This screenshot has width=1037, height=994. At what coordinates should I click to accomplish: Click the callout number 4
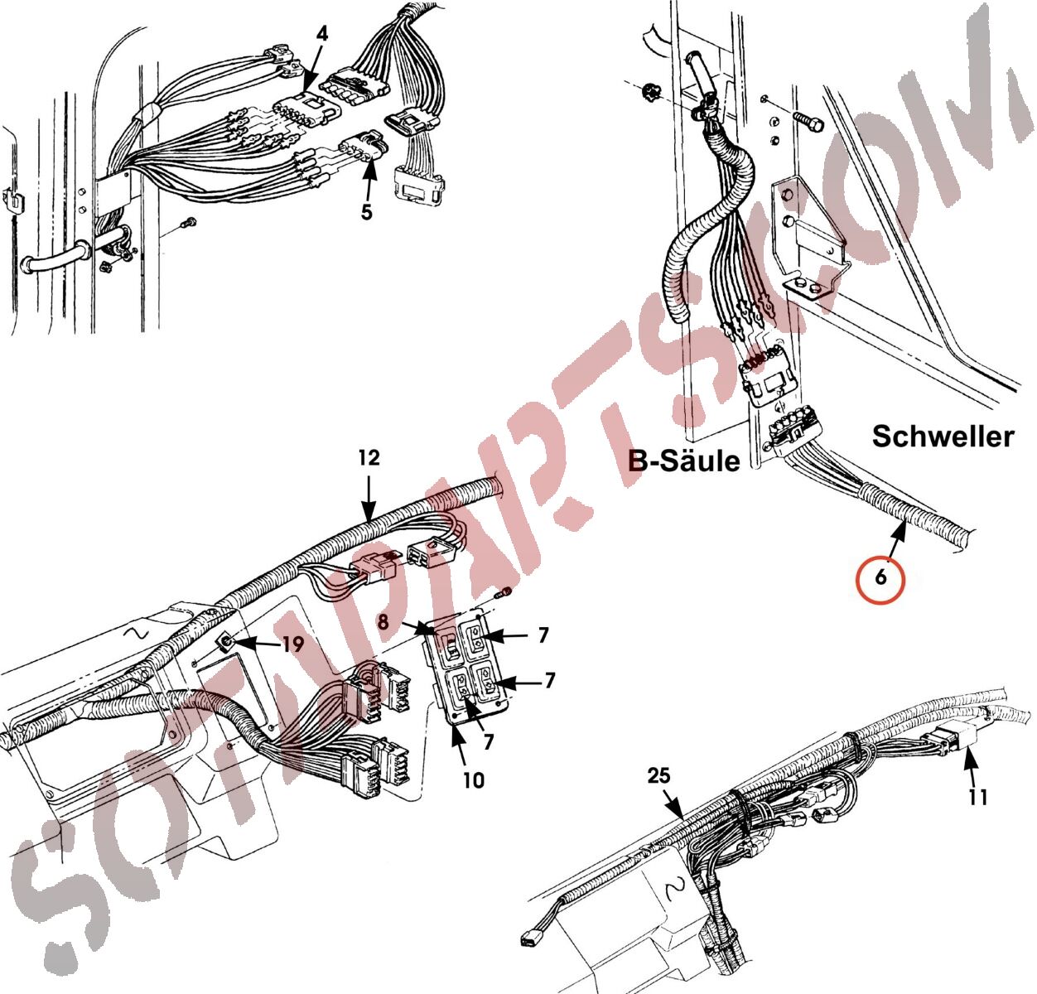[x=321, y=34]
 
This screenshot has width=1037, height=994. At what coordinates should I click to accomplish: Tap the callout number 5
[x=367, y=211]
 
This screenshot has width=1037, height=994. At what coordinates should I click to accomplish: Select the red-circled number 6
[x=880, y=577]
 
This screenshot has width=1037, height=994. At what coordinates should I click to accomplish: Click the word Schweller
[x=943, y=437]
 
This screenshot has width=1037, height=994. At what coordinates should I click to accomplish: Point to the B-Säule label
[x=683, y=461]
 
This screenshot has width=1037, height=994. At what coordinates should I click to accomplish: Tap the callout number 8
[x=383, y=621]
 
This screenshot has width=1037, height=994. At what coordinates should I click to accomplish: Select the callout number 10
[x=473, y=780]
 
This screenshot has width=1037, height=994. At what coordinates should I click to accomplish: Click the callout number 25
[x=658, y=775]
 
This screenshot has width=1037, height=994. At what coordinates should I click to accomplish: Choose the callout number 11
[x=978, y=797]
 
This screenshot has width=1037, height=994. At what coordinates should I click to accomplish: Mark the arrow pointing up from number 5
[x=369, y=179]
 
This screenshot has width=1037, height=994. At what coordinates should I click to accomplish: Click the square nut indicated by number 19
[x=226, y=642]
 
